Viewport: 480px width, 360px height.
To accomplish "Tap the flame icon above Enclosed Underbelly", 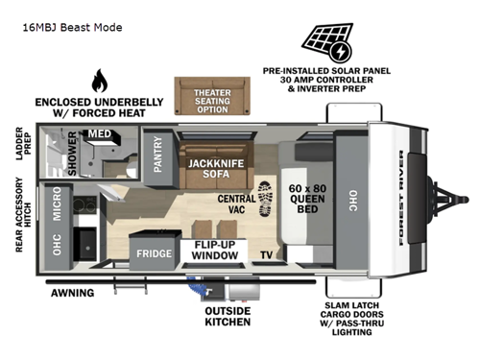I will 98,81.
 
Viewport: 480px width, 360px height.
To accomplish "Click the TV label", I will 266,255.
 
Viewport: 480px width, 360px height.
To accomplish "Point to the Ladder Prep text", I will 20,143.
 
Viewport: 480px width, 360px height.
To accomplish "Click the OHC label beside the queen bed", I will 352,201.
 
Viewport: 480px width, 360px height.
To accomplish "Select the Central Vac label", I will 236,204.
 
